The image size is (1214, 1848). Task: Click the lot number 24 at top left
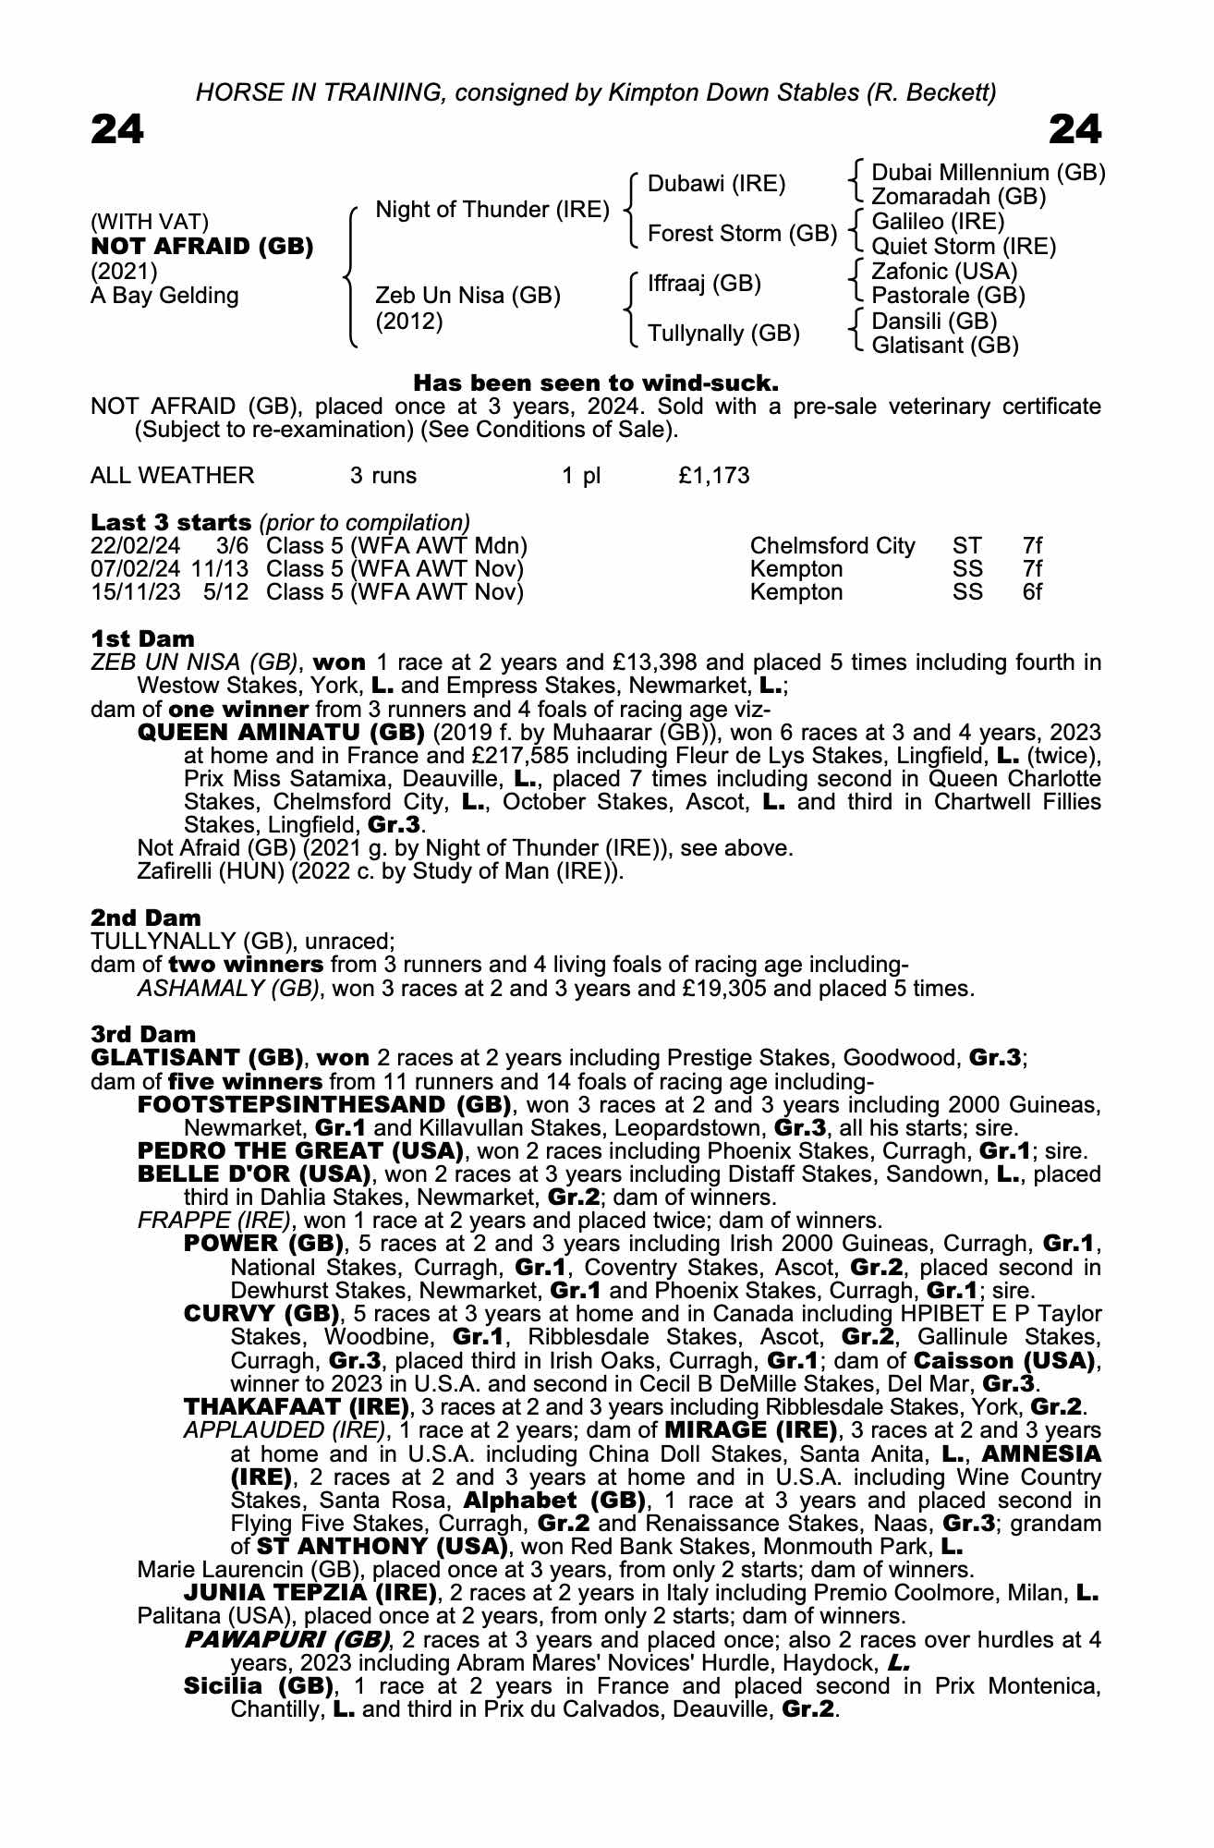click(x=117, y=130)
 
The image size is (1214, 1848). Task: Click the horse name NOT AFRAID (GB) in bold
click(x=202, y=247)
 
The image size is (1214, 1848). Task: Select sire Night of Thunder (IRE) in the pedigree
click(x=492, y=210)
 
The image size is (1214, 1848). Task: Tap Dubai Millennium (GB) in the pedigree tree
click(x=988, y=173)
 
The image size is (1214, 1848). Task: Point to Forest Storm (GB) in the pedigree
click(x=742, y=234)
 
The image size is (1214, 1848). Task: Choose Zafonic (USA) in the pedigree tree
click(x=944, y=272)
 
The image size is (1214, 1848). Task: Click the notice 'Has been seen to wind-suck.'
click(x=596, y=383)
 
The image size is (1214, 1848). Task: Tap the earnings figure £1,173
click(x=713, y=476)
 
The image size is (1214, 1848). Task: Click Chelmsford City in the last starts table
click(x=832, y=546)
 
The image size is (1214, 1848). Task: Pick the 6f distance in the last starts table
click(x=1032, y=592)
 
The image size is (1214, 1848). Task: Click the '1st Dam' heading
click(x=143, y=638)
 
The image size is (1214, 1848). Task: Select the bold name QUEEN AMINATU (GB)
click(x=281, y=733)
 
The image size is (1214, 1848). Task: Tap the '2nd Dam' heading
click(x=145, y=918)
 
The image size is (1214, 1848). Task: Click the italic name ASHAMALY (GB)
click(x=229, y=989)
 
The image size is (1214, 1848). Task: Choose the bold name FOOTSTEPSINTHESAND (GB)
click(x=324, y=1105)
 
